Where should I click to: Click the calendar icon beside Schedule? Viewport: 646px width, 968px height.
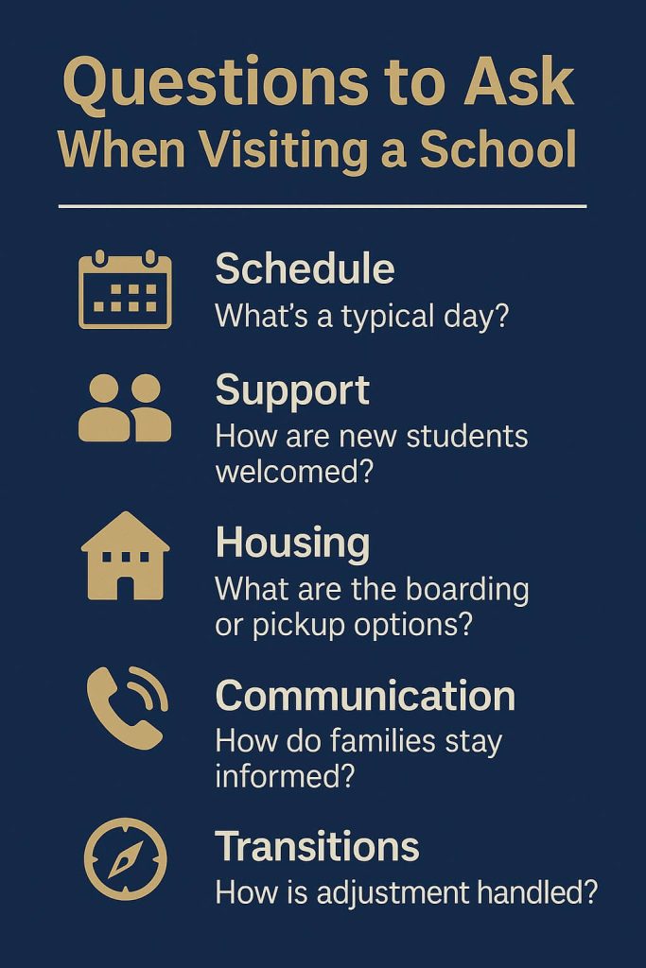pyautogui.click(x=126, y=289)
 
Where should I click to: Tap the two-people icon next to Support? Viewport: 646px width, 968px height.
pyautogui.click(x=125, y=407)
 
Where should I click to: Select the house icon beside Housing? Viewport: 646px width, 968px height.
pyautogui.click(x=126, y=556)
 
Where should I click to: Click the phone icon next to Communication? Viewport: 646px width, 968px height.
pyautogui.click(x=127, y=707)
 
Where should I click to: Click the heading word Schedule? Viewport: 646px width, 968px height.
pyautogui.click(x=305, y=268)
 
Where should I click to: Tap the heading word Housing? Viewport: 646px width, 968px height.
pyautogui.click(x=293, y=544)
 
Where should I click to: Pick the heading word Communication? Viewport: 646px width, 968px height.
pyautogui.click(x=365, y=696)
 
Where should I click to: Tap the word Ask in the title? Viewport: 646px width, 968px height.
pyautogui.click(x=518, y=81)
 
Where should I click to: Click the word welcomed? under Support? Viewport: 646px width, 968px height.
pyautogui.click(x=294, y=473)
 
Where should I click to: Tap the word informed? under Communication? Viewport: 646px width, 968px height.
pyautogui.click(x=286, y=776)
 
